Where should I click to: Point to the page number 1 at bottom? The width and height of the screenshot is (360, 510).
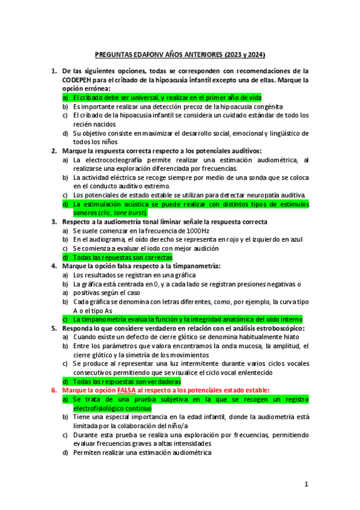tap(306, 484)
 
